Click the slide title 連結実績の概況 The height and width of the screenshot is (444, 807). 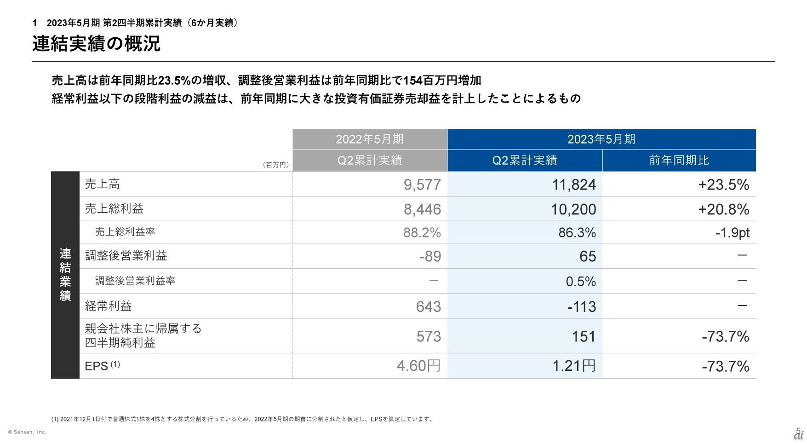(96, 44)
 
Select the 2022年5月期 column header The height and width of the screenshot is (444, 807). (370, 139)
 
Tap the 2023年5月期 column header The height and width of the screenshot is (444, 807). (601, 139)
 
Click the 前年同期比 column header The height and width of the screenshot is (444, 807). (679, 161)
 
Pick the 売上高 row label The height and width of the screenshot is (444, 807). (103, 184)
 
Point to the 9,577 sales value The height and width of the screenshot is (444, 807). (422, 185)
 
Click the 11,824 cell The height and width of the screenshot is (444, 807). (574, 185)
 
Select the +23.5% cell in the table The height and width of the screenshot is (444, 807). (723, 185)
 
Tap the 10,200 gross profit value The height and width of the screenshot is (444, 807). (573, 210)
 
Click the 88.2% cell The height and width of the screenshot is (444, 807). (422, 233)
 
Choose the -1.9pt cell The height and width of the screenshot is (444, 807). (732, 233)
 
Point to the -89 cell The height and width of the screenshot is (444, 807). (430, 256)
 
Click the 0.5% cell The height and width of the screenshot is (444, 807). (581, 282)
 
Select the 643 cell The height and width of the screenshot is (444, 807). (428, 307)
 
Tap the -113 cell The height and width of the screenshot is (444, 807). (581, 307)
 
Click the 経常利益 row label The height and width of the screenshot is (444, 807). (109, 306)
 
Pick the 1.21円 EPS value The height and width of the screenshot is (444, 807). (573, 366)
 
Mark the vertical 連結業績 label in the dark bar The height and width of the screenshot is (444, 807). (65, 275)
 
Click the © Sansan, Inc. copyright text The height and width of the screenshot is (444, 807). (27, 432)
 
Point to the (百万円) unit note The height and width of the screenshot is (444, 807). (275, 165)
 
